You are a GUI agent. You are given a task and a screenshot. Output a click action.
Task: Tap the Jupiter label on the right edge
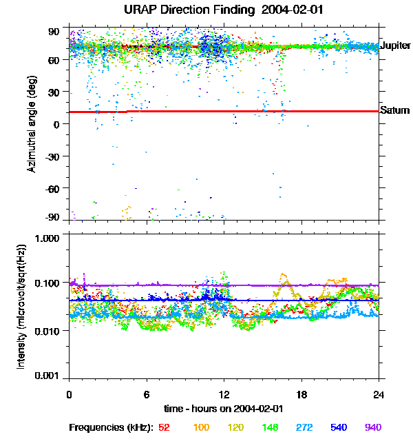395,46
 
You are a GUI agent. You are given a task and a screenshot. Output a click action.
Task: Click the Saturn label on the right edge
395,110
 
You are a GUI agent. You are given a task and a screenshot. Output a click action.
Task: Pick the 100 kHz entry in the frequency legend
201,427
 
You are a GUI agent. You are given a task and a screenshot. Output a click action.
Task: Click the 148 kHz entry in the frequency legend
270,427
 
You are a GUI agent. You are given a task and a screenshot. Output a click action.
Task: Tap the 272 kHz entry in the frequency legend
304,427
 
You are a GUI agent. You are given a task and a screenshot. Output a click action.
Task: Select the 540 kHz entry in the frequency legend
339,427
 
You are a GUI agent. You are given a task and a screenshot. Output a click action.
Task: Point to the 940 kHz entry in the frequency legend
372,427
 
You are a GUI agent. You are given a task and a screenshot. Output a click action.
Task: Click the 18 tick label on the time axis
301,395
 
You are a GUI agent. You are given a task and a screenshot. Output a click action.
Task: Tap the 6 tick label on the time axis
147,395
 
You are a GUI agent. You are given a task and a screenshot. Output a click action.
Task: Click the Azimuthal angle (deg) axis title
32,124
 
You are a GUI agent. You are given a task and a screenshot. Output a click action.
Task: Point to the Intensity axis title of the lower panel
22,307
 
